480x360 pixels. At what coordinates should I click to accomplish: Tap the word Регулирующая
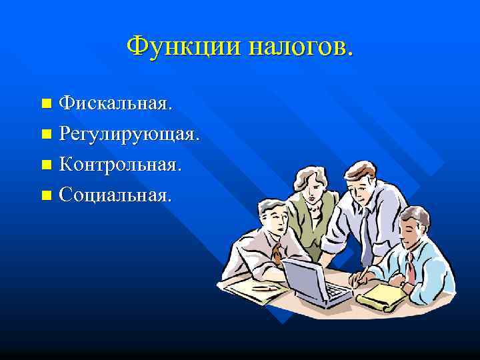pos(129,134)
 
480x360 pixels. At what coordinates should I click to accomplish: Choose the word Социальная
pos(115,195)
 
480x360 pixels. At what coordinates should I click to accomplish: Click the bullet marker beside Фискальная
pos(46,104)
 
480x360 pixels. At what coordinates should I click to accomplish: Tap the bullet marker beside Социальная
pos(46,195)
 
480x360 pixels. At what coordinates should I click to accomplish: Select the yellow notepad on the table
pos(383,294)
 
